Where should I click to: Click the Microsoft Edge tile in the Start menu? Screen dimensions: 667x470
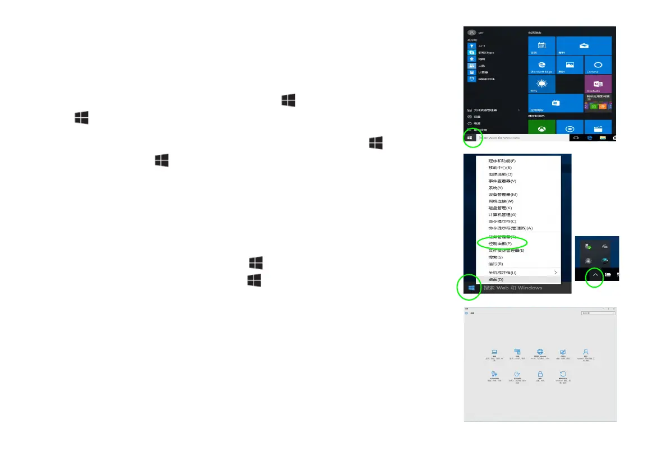coord(541,65)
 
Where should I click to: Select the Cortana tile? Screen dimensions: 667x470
coord(597,65)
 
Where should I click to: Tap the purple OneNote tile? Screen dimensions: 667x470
coord(597,84)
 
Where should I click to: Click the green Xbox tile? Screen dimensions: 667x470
coord(541,128)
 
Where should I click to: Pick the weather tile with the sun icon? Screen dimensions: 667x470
coord(541,84)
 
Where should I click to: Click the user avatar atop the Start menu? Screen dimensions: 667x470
coord(472,33)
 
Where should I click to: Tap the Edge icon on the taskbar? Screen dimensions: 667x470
coord(590,137)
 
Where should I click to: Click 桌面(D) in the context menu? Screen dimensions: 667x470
coord(496,279)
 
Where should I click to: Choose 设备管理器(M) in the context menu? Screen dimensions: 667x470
coord(503,194)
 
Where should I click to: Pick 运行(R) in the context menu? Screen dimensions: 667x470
coord(495,264)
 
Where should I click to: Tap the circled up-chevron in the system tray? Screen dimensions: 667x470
coord(594,275)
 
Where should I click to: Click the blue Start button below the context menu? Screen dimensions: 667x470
coord(471,288)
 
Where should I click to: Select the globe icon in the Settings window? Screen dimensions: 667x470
coord(540,351)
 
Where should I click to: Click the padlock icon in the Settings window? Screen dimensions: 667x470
coord(540,374)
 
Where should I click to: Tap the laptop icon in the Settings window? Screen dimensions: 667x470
coord(494,351)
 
